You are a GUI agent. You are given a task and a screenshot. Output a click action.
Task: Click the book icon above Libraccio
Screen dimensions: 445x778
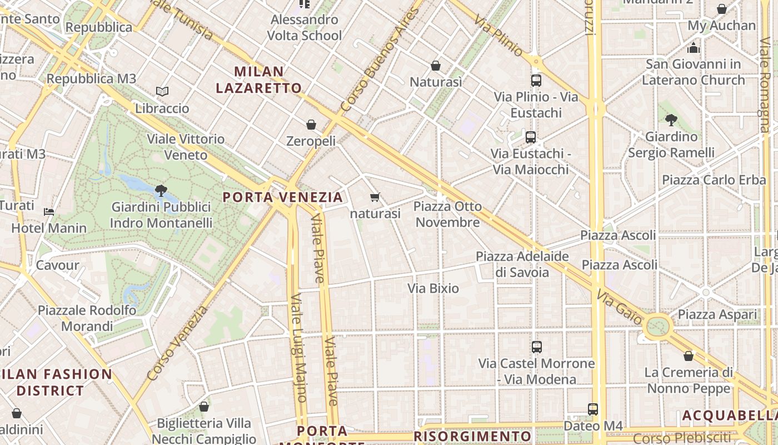pyautogui.click(x=162, y=91)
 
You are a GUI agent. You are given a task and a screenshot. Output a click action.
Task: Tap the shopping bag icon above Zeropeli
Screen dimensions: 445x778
pyautogui.click(x=311, y=125)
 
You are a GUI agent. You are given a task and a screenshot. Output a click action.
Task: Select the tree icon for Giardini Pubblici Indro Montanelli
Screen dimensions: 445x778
pyautogui.click(x=161, y=191)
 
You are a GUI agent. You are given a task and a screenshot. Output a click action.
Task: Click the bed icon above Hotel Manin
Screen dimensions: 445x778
pyautogui.click(x=49, y=212)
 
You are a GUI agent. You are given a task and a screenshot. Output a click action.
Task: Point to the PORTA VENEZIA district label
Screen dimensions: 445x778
pyautogui.click(x=283, y=197)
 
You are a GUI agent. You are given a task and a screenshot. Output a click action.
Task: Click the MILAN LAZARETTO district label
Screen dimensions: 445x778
pyautogui.click(x=259, y=80)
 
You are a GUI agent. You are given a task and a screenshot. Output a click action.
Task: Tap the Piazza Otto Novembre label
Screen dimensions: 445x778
pyautogui.click(x=447, y=214)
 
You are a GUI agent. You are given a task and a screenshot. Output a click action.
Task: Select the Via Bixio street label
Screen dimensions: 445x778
pyautogui.click(x=433, y=288)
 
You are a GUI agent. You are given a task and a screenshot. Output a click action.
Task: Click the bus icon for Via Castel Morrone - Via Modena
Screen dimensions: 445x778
pyautogui.click(x=536, y=347)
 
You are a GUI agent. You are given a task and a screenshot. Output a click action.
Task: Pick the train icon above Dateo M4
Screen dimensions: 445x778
pyautogui.click(x=593, y=409)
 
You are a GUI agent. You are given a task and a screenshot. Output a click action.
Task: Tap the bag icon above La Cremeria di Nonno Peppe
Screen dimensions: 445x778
pyautogui.click(x=689, y=356)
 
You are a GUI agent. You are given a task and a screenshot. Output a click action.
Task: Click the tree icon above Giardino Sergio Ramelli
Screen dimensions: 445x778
pyautogui.click(x=671, y=120)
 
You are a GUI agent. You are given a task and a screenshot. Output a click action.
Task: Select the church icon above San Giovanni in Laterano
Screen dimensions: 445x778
pyautogui.click(x=694, y=48)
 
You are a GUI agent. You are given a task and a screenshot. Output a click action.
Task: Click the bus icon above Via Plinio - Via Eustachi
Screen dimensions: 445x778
pyautogui.click(x=536, y=81)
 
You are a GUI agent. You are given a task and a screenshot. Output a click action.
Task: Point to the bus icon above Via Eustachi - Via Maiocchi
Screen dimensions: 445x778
pyautogui.click(x=531, y=137)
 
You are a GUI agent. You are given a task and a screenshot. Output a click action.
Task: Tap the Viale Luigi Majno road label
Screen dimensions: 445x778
pyautogui.click(x=298, y=348)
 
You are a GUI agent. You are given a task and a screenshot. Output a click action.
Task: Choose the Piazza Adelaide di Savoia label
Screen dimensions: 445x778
pyautogui.click(x=522, y=264)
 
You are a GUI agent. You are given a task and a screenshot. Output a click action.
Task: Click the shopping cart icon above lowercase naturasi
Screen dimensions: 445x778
pyautogui.click(x=375, y=197)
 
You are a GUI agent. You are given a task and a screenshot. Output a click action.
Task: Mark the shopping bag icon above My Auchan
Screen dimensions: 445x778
pyautogui.click(x=721, y=9)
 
